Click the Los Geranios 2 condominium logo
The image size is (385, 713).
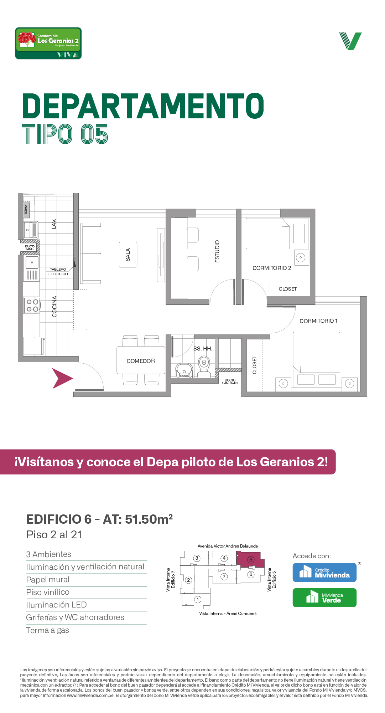click(48, 43)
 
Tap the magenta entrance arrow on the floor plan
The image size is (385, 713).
click(61, 378)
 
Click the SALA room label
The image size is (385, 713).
click(128, 255)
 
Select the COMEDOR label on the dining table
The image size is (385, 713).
click(141, 361)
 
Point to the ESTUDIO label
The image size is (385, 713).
click(217, 251)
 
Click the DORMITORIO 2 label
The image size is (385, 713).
click(272, 268)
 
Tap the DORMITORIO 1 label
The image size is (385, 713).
click(318, 321)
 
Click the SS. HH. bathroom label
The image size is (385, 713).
click(203, 349)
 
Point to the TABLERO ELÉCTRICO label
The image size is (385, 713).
click(58, 272)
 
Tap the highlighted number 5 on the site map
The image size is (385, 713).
click(251, 560)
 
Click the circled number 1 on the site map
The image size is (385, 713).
click(198, 599)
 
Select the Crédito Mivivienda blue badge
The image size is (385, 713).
click(324, 573)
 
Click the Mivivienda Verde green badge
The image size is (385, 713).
click(324, 597)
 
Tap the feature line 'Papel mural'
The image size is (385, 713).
click(48, 580)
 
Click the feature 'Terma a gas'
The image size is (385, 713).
click(47, 630)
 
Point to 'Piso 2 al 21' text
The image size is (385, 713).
click(54, 535)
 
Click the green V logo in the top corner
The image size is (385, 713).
click(350, 41)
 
